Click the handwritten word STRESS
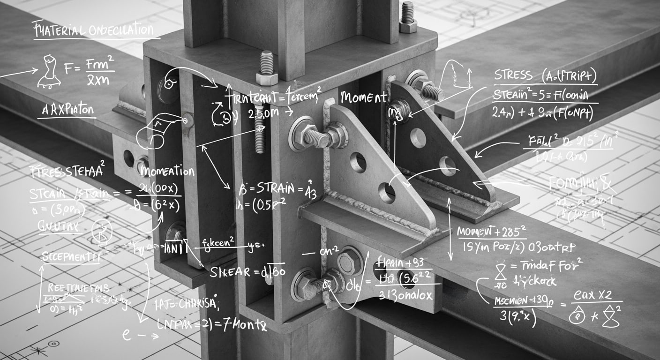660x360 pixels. pyautogui.click(x=513, y=75)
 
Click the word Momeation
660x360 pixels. pyautogui.click(x=167, y=172)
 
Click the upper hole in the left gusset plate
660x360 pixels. pyautogui.click(x=358, y=162)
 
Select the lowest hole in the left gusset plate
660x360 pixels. pyautogui.click(x=387, y=193)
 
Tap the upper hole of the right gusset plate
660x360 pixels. pyautogui.click(x=418, y=138)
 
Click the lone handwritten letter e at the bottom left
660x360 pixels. pyautogui.click(x=126, y=334)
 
